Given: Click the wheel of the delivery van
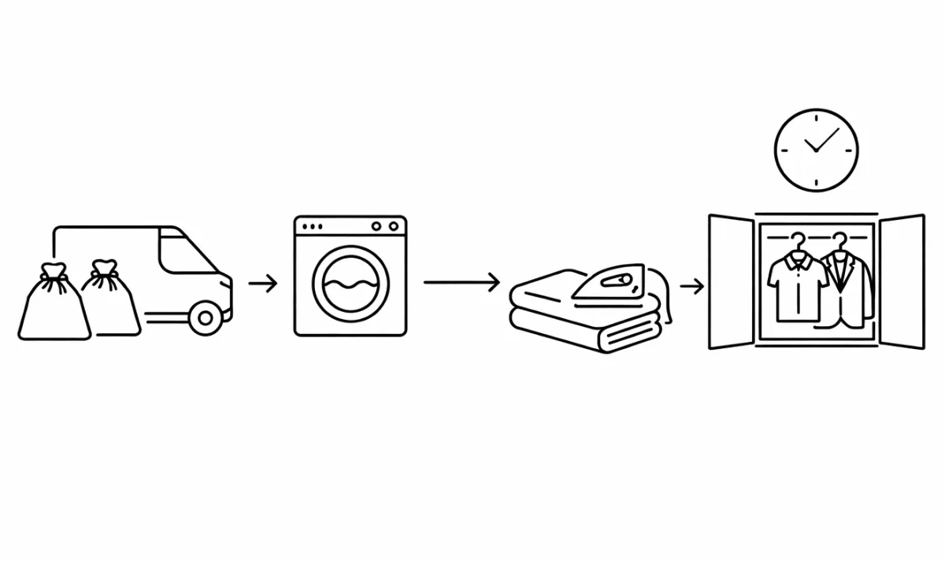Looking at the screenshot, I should coord(206,317).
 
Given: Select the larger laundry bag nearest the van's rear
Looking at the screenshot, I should coord(53,307).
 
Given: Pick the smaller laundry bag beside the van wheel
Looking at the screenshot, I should coord(110,303).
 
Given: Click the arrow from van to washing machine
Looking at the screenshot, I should coord(263,284).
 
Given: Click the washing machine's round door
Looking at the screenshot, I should coord(350,284).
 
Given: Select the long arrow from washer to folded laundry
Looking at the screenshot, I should coord(461,282).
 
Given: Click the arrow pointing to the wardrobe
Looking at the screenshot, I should coord(691,286).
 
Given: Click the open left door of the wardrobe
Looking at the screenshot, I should coord(732,281).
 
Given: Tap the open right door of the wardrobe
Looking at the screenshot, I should coord(901,281).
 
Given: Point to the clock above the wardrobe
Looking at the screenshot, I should coord(817,150).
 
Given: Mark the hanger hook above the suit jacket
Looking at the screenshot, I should coord(839,240).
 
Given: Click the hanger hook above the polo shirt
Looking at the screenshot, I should coord(799,240).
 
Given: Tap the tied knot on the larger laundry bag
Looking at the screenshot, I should coord(53,273).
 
